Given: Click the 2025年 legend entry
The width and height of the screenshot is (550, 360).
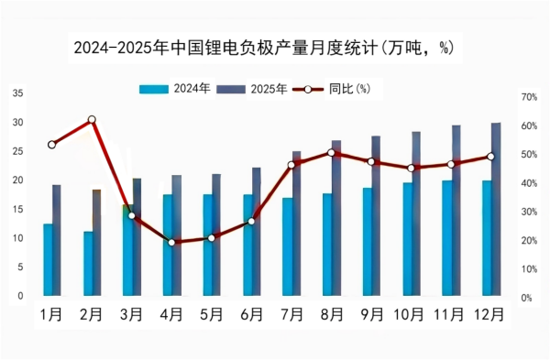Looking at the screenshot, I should pyautogui.click(x=253, y=89).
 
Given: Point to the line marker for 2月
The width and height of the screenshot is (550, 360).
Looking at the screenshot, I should pyautogui.click(x=92, y=120).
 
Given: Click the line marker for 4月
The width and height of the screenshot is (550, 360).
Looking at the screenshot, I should pyautogui.click(x=171, y=243).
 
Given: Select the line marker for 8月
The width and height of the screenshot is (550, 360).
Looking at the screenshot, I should pyautogui.click(x=331, y=152).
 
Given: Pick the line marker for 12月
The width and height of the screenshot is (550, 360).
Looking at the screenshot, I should pyautogui.click(x=490, y=157).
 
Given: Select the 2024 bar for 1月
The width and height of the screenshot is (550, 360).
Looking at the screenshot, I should pyautogui.click(x=48, y=259).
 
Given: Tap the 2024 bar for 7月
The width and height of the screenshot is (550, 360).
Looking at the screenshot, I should pyautogui.click(x=287, y=246).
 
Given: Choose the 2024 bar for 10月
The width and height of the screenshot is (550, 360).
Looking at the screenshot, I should pyautogui.click(x=407, y=238).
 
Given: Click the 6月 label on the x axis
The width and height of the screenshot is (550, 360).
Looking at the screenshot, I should pyautogui.click(x=251, y=315).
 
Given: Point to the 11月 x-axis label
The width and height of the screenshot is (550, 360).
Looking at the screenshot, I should pyautogui.click(x=450, y=315).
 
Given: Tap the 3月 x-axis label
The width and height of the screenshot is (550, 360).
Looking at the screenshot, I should pyautogui.click(x=131, y=315).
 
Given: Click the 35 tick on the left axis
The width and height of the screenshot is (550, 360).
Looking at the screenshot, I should pyautogui.click(x=18, y=93).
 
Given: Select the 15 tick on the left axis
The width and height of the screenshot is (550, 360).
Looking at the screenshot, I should pyautogui.click(x=18, y=209).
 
